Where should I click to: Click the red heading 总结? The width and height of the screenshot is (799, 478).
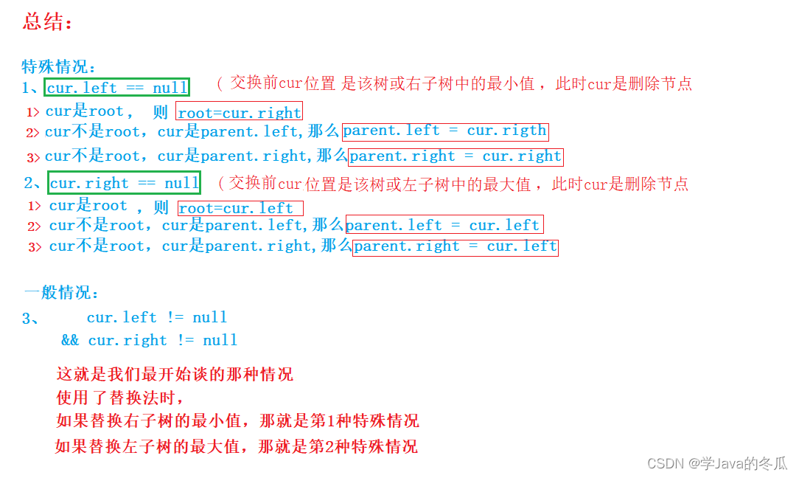click(x=48, y=22)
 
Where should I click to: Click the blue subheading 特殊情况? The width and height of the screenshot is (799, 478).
click(x=59, y=67)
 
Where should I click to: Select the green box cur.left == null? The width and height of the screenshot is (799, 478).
click(x=117, y=88)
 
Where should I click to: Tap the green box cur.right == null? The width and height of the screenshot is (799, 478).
click(x=125, y=183)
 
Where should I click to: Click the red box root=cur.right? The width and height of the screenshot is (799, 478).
click(x=240, y=112)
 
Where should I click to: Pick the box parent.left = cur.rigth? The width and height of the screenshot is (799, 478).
click(x=445, y=131)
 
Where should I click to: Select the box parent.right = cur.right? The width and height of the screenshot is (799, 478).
click(x=456, y=156)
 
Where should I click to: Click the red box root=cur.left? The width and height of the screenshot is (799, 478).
click(x=240, y=208)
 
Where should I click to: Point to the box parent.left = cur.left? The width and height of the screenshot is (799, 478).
click(x=444, y=225)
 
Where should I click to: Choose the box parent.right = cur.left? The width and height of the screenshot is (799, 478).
click(x=456, y=246)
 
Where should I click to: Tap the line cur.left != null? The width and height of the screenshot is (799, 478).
click(x=157, y=317)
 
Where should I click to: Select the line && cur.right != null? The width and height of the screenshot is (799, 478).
click(x=150, y=340)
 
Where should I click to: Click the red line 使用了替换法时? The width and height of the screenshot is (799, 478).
click(x=119, y=398)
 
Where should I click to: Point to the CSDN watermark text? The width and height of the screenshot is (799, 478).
click(x=717, y=463)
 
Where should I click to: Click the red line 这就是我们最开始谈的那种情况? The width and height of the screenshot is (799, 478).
click(x=175, y=374)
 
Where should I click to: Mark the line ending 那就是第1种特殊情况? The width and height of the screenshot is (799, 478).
click(x=237, y=421)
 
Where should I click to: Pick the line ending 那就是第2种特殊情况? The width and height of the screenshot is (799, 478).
click(x=236, y=446)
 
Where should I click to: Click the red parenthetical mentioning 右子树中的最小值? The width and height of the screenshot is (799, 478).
click(x=454, y=83)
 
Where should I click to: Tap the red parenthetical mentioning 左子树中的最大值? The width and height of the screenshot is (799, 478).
click(x=453, y=183)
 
